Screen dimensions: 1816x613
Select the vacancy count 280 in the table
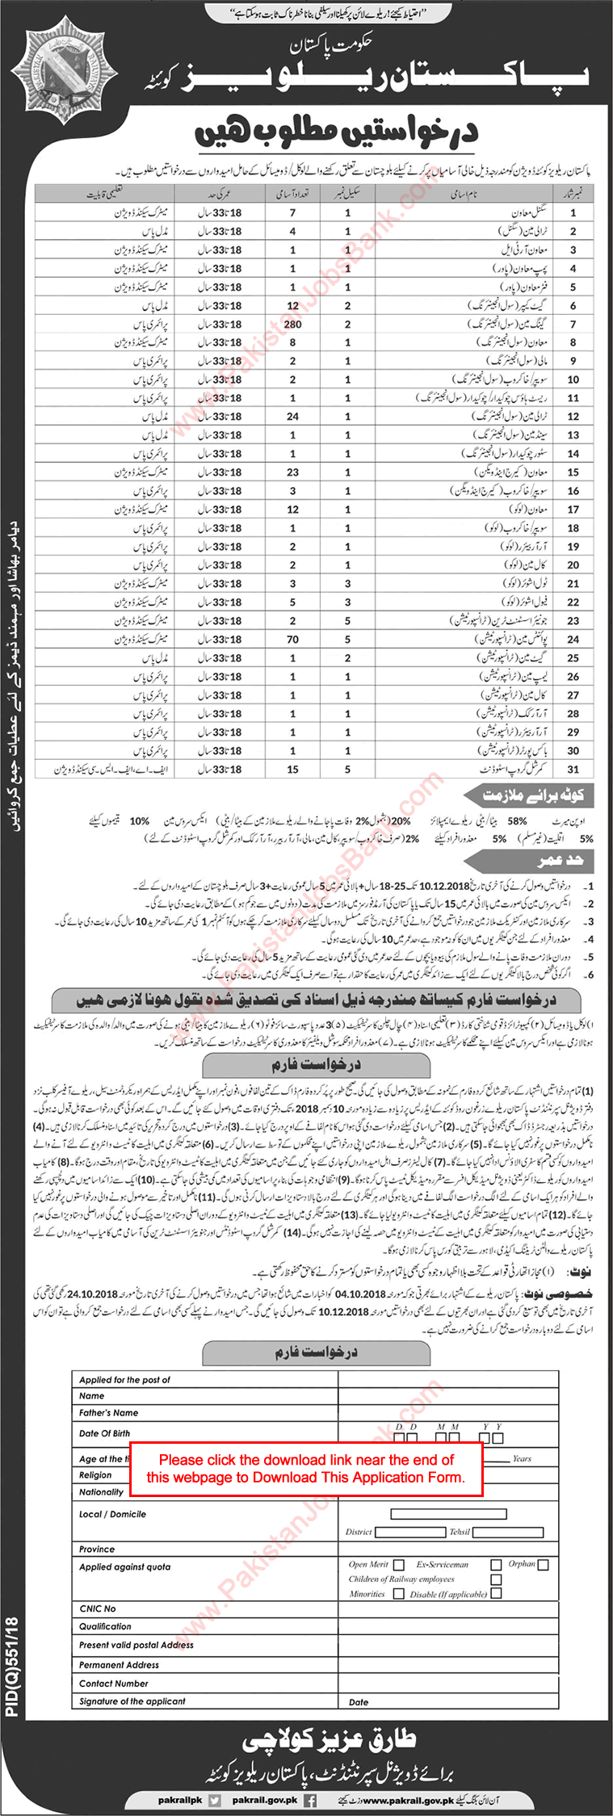292,324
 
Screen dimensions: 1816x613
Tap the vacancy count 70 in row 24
292,640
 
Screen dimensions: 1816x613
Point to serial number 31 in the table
573,770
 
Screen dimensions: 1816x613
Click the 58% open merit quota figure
517,820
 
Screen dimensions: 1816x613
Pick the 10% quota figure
139,820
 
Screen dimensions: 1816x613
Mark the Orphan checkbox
543,1565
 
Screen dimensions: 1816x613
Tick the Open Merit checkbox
399,1565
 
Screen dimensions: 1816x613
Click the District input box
409,1509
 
